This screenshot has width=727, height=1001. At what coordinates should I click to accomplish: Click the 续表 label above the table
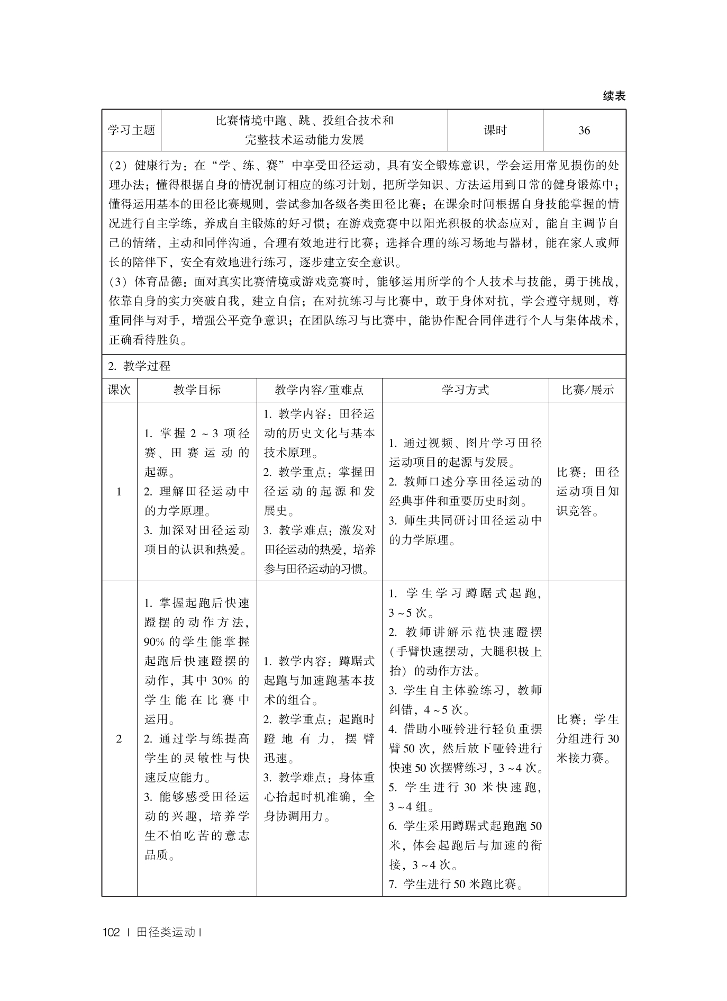click(x=614, y=96)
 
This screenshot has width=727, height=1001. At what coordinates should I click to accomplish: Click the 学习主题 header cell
click(x=131, y=130)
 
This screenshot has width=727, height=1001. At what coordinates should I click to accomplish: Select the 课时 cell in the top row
click(x=495, y=130)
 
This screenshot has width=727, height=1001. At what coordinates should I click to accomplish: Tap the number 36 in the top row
click(x=584, y=130)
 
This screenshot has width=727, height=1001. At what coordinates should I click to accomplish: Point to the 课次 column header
click(x=119, y=390)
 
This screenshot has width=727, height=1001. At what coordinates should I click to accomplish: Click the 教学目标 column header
click(x=197, y=390)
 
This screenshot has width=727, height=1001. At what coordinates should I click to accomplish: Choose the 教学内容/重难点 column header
click(x=319, y=390)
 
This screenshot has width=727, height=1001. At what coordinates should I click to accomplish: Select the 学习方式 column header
click(x=465, y=390)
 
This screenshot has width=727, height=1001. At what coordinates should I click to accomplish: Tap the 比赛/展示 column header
click(x=587, y=390)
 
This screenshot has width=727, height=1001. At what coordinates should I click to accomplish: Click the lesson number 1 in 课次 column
click(x=119, y=492)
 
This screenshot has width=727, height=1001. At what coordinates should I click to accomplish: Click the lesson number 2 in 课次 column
click(x=119, y=739)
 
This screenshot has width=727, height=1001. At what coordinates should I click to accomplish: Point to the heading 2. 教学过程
click(x=139, y=366)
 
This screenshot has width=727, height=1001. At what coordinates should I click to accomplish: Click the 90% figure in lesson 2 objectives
click(x=154, y=642)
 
